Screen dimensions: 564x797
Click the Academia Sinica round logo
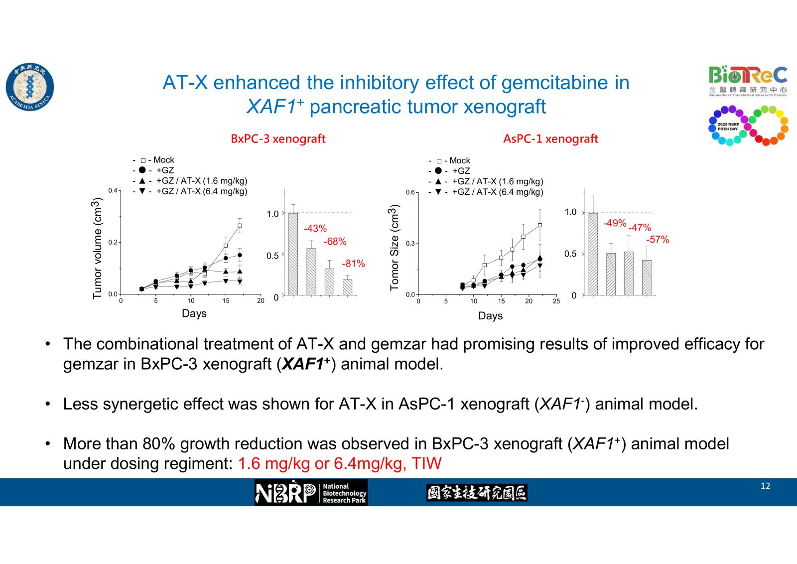pyautogui.click(x=30, y=87)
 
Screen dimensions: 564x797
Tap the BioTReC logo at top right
pyautogui.click(x=748, y=80)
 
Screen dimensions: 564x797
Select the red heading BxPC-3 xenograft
pyautogui.click(x=278, y=139)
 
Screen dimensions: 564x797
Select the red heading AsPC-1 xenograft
pyautogui.click(x=550, y=139)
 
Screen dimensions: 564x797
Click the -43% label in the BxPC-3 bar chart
pyautogui.click(x=315, y=229)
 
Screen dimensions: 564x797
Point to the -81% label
pyautogui.click(x=353, y=264)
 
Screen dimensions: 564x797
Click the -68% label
pyautogui.click(x=335, y=242)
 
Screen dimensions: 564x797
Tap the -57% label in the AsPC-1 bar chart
pyautogui.click(x=658, y=240)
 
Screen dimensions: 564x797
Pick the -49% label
pyautogui.click(x=615, y=223)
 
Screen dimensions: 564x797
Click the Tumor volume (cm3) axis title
pyautogui.click(x=97, y=248)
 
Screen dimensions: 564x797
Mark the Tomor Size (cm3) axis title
pyautogui.click(x=395, y=247)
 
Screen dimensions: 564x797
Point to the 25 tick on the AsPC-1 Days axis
pyautogui.click(x=556, y=301)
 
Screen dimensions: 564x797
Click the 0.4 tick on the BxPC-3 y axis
pyautogui.click(x=113, y=191)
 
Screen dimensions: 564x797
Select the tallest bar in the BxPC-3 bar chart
pyautogui.click(x=293, y=254)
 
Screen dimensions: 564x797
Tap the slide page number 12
pyautogui.click(x=765, y=486)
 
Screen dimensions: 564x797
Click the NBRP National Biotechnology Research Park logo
pyautogui.click(x=311, y=493)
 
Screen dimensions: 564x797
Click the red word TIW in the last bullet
pyautogui.click(x=426, y=464)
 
